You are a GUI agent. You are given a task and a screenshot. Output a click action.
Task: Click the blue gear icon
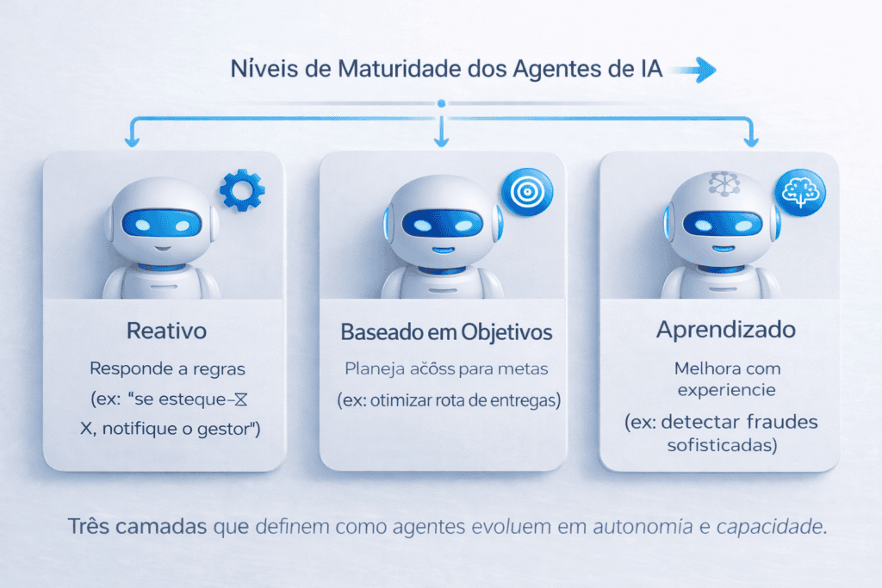tap(242, 190)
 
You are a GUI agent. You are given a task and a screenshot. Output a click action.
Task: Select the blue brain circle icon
tap(800, 191)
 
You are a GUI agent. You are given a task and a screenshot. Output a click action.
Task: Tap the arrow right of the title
tap(694, 71)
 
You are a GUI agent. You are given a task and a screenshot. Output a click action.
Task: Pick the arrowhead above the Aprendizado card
tap(751, 139)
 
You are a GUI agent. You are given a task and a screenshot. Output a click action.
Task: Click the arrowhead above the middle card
tap(441, 139)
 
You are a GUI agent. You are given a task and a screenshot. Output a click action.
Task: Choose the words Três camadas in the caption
tap(135, 526)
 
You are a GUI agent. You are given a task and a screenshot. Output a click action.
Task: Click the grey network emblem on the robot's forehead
tap(719, 183)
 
